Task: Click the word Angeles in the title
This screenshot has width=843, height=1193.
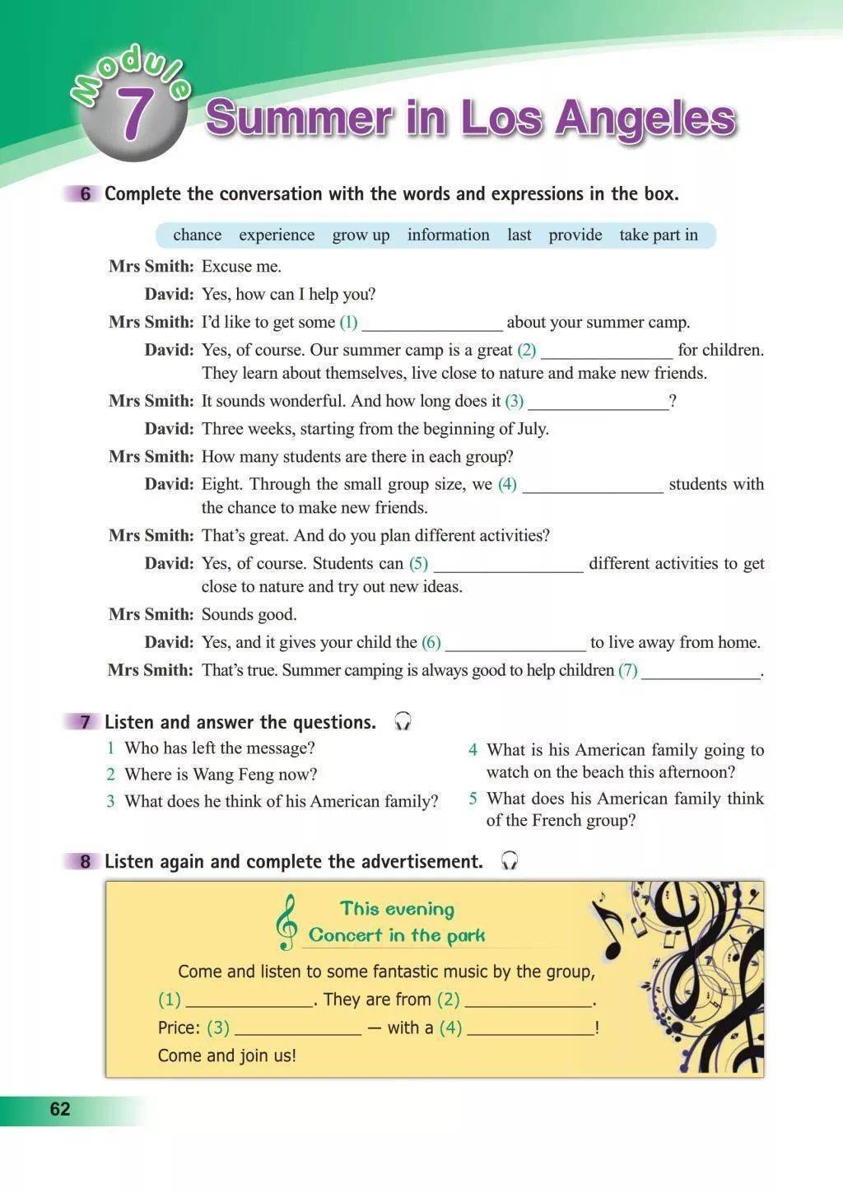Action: pos(645,118)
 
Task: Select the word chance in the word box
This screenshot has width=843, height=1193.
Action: pos(197,235)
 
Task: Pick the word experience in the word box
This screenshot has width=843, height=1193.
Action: pos(277,235)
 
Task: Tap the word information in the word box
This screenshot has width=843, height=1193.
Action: pos(448,235)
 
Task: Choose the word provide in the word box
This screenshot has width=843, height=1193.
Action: pos(575,235)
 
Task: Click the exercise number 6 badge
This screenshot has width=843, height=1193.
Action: pos(86,194)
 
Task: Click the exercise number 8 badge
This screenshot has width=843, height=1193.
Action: pos(86,862)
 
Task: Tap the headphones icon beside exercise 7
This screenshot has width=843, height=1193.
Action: pos(403,722)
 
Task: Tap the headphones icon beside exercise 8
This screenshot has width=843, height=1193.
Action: pos(510,862)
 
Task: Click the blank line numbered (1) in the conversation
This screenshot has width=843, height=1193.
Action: pos(432,324)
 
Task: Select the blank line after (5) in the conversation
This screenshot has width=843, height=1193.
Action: pos(508,566)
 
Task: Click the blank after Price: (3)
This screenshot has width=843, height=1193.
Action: pos(297,1029)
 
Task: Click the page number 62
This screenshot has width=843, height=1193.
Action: pos(60,1109)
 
